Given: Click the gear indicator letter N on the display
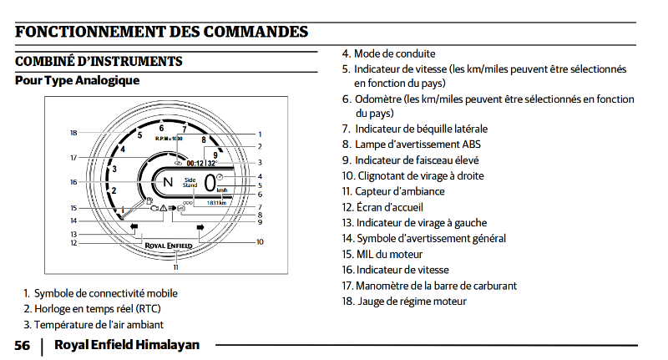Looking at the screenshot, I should click(167, 182).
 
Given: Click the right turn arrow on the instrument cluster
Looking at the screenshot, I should click(200, 227).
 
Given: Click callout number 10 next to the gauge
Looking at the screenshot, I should click(260, 242).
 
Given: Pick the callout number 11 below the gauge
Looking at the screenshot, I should click(175, 267).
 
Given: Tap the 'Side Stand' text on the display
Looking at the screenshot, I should click(190, 182).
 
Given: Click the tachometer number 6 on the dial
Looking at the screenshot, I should click(160, 128).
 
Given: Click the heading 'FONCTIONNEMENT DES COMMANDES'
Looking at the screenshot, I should click(161, 32).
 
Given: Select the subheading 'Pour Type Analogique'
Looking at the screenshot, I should click(77, 81).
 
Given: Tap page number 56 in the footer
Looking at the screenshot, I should click(23, 344).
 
